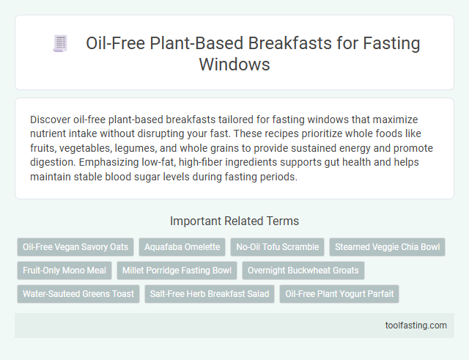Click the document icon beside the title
(59, 44)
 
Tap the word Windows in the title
(234, 64)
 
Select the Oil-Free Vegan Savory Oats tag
(75, 247)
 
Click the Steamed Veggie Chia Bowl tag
(387, 247)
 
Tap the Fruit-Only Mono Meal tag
(64, 271)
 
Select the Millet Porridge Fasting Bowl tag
(176, 271)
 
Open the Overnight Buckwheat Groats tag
(303, 271)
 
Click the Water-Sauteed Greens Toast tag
(78, 294)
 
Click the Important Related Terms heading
(234, 221)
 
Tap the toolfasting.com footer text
(416, 326)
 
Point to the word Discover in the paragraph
(52, 118)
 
